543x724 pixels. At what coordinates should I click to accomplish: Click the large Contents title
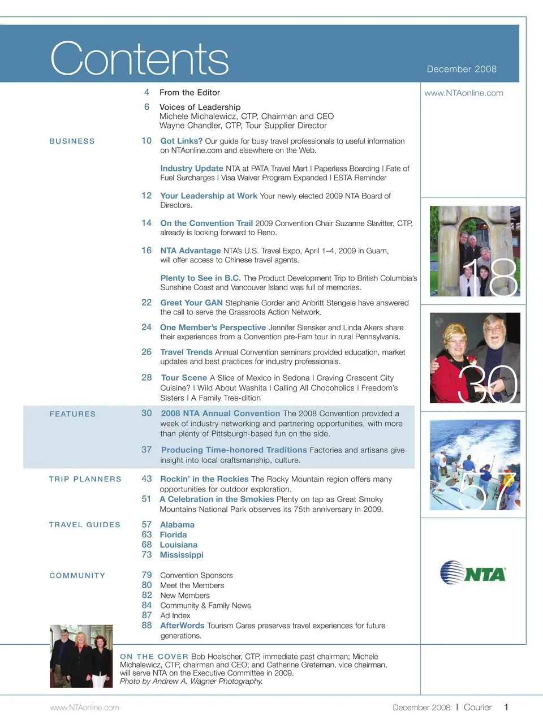139,58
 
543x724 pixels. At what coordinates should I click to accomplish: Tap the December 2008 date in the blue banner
462,69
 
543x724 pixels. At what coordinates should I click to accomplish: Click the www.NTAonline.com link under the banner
464,93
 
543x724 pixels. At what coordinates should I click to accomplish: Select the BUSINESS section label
72,141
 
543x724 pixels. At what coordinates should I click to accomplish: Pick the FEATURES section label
72,414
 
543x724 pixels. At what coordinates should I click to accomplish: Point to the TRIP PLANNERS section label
85,479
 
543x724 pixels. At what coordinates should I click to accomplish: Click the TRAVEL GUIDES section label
84,525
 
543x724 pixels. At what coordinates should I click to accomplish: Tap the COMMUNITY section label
77,576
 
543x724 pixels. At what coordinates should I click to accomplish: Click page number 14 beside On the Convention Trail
146,223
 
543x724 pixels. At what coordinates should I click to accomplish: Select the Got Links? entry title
181,141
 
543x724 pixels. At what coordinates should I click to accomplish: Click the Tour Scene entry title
184,378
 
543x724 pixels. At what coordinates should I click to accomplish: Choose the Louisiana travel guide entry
178,545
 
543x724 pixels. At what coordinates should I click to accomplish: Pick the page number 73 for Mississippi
146,555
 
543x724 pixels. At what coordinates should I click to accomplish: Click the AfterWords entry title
182,626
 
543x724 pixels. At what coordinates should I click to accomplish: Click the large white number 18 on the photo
490,278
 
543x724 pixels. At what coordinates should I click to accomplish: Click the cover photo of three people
81,656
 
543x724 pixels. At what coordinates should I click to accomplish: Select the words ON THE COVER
154,657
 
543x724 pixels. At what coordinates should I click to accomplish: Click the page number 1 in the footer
506,707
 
